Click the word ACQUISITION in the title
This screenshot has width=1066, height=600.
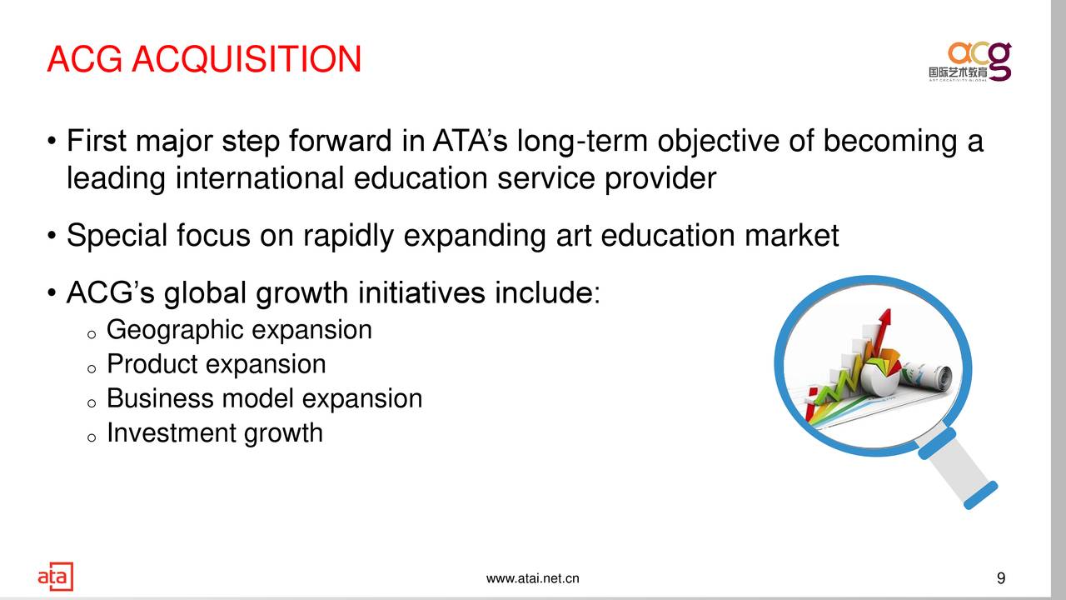tap(247, 59)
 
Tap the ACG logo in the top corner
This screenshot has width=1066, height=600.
tap(970, 62)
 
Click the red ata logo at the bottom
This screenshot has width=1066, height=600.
tap(56, 576)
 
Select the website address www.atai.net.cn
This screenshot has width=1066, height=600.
tap(532, 578)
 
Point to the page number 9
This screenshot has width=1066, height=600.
tap(1001, 578)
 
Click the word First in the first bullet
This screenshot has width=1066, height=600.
tap(97, 141)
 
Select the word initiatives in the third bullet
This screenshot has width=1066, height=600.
tap(421, 292)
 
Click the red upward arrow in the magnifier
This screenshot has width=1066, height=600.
tap(881, 333)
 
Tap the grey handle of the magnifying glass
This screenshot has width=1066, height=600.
tap(958, 468)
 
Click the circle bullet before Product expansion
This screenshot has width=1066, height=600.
tap(92, 368)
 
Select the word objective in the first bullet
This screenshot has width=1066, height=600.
tap(718, 142)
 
